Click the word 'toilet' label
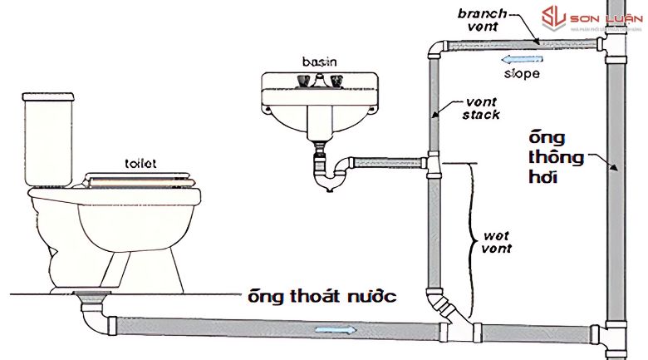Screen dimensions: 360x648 click(140, 164)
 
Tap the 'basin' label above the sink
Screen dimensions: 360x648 click(319, 62)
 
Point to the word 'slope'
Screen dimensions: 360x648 click(522, 74)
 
